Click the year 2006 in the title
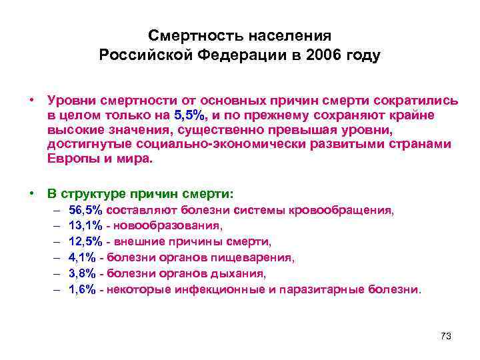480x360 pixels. point(317,55)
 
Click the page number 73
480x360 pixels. point(446,336)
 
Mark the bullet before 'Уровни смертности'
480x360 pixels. point(32,100)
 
